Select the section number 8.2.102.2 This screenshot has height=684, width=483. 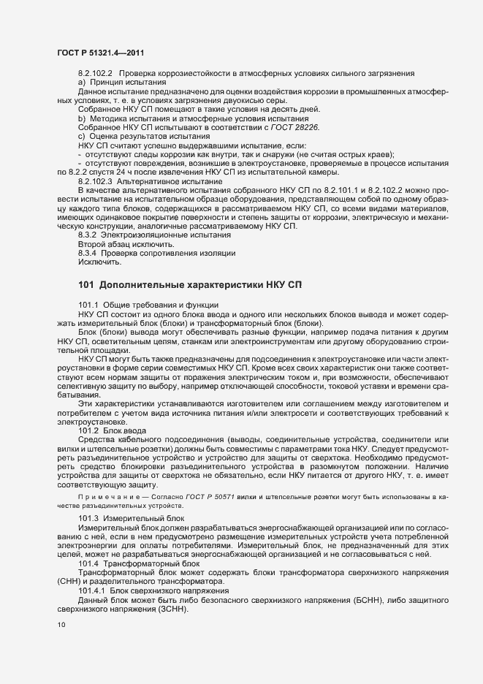[94, 74]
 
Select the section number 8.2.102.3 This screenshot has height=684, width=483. [94, 180]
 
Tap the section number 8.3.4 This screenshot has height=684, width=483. [87, 253]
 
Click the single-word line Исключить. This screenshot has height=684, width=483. [100, 262]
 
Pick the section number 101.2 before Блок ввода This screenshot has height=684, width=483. [88, 431]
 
